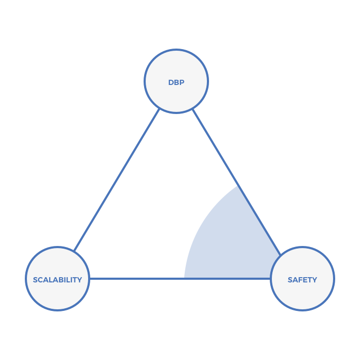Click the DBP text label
click(x=176, y=82)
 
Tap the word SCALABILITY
click(x=58, y=280)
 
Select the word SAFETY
click(x=302, y=280)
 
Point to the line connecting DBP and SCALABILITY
click(x=116, y=179)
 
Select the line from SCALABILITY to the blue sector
click(x=137, y=278)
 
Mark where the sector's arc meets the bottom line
click(x=184, y=278)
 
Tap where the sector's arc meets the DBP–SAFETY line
click(x=241, y=186)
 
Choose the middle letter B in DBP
click(x=176, y=82)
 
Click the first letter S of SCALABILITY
click(x=35, y=280)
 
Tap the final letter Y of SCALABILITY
click(x=80, y=280)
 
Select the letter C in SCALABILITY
click(x=40, y=280)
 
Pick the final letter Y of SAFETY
click(x=315, y=280)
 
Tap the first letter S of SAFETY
click(x=290, y=280)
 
